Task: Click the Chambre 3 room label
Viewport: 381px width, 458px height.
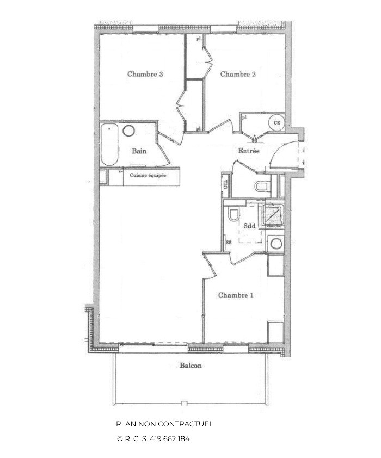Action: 145,75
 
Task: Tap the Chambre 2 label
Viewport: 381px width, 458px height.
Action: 238,75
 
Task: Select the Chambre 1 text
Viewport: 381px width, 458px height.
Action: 236,295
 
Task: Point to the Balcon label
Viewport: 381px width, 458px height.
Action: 190,366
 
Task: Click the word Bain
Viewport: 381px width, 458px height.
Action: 139,151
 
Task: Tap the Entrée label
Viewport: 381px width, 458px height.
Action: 249,151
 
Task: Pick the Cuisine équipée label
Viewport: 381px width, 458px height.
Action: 148,176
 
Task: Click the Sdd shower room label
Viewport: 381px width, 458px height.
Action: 250,226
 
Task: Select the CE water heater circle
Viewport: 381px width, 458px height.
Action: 276,123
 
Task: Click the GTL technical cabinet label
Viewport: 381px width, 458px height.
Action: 225,184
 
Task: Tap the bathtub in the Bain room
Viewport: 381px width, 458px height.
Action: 109,144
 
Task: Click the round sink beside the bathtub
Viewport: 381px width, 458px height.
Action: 129,131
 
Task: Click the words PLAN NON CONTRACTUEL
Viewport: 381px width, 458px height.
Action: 164,424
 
